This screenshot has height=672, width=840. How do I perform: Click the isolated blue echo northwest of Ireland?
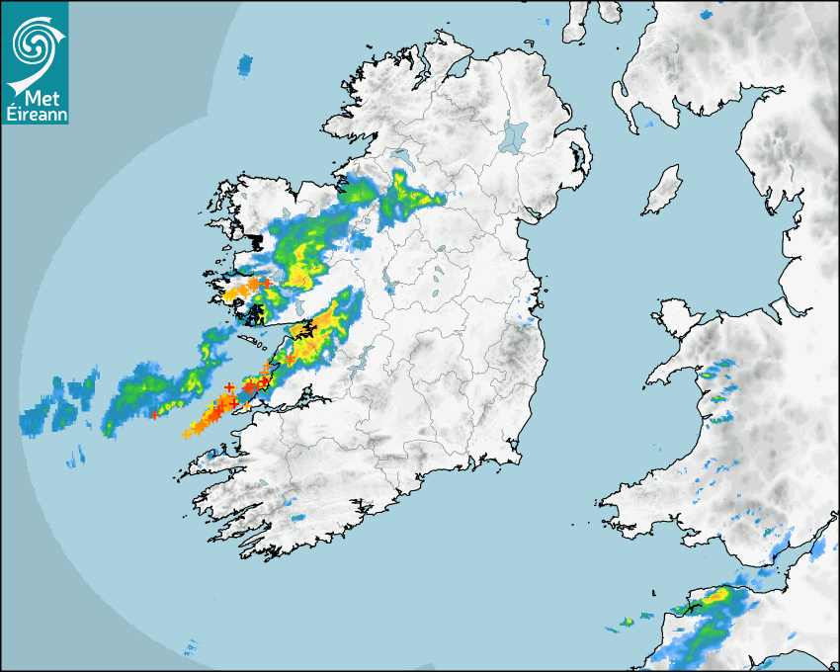click(x=245, y=66)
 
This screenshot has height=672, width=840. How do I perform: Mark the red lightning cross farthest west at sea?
click(x=154, y=415)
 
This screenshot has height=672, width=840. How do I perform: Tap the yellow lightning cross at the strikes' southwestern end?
click(x=186, y=434)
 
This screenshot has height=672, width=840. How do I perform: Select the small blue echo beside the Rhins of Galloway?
click(x=648, y=126)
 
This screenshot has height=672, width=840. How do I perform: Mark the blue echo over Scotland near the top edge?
click(x=706, y=15)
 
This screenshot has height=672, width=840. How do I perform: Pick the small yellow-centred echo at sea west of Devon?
click(x=627, y=622)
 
